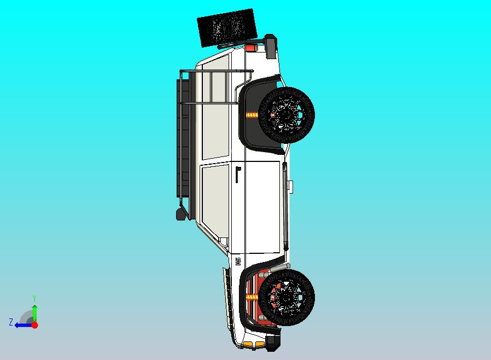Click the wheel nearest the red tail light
[x=287, y=114]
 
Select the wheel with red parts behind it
[x=286, y=298]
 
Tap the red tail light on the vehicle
[x=250, y=48]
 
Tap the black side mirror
[x=180, y=213]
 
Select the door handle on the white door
[x=238, y=174]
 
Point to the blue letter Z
[x=10, y=322]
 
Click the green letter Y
[x=34, y=298]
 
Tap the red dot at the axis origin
[x=34, y=325]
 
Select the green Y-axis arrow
[x=34, y=312]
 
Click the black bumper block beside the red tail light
[x=270, y=47]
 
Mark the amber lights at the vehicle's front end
[x=249, y=344]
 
